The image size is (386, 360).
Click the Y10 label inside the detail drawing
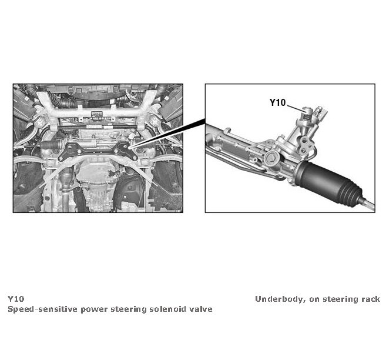[277, 102]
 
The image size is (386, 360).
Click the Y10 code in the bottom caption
[16, 299]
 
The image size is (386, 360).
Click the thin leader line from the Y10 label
[296, 109]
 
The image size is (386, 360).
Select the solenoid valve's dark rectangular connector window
[308, 117]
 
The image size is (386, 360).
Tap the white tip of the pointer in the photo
[130, 147]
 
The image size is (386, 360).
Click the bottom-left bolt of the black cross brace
[61, 159]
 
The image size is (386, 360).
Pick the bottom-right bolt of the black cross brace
[135, 157]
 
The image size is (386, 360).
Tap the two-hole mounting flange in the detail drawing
[304, 145]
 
